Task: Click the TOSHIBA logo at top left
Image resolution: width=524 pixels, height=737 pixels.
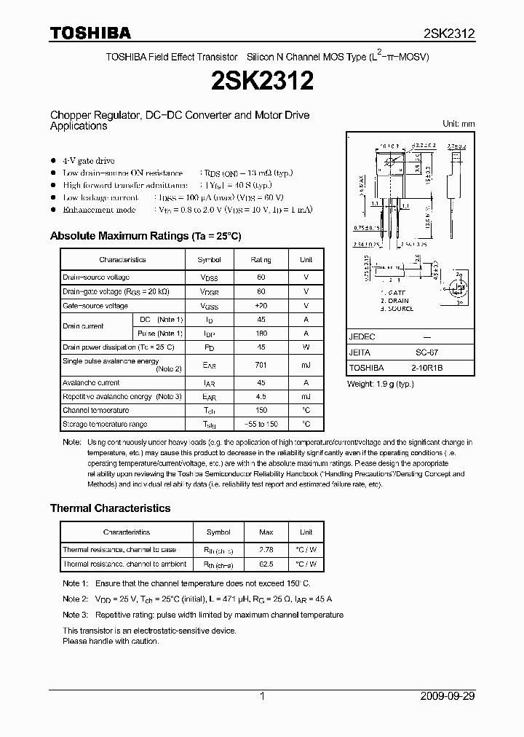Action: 90,33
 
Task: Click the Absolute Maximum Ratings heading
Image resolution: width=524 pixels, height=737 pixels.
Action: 145,236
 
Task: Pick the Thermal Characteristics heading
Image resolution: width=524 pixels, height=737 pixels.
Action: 110,508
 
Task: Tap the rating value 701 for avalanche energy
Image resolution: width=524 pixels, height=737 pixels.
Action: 261,365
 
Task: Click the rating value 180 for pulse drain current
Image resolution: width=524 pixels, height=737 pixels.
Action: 261,333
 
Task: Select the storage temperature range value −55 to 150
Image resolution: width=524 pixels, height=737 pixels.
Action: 261,424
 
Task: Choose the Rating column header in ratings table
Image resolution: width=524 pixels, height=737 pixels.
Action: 261,259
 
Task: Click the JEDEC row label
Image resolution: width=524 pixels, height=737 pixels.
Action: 362,337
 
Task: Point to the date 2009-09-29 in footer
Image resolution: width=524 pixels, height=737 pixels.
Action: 448,696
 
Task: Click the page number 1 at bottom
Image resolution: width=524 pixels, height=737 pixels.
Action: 262,696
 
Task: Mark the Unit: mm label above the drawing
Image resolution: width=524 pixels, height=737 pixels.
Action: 458,124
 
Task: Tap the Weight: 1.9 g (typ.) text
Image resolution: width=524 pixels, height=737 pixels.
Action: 382,383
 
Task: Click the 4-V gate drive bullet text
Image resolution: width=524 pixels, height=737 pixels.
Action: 88,160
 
